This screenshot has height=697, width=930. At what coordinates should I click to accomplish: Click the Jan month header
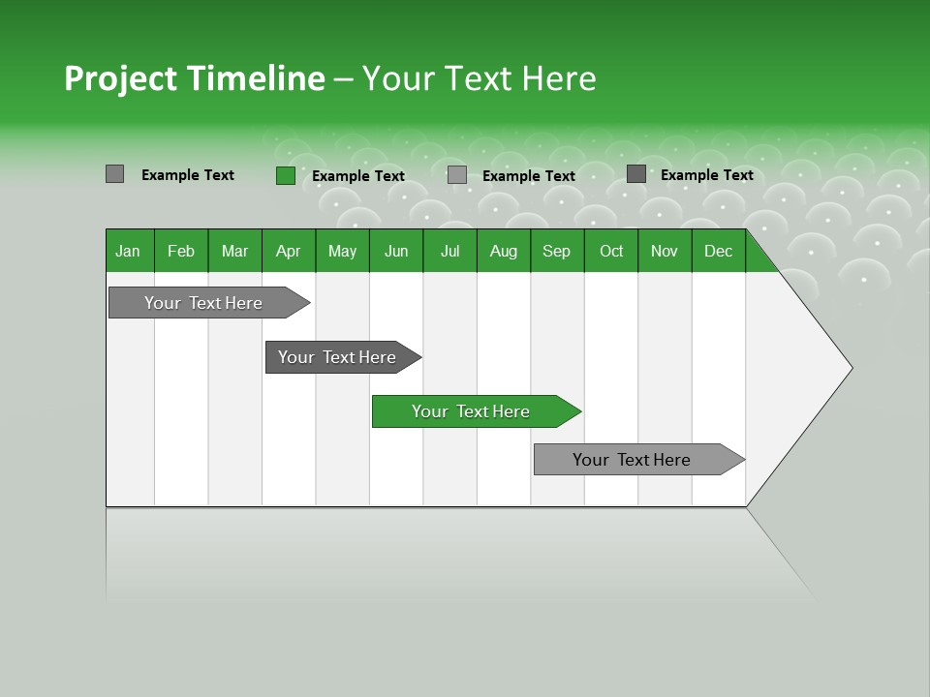(128, 251)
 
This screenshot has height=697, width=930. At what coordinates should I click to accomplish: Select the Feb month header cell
(181, 251)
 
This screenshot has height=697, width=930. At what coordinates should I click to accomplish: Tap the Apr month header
(288, 251)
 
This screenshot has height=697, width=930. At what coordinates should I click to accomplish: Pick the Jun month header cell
(396, 251)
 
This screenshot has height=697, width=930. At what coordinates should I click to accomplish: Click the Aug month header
(503, 251)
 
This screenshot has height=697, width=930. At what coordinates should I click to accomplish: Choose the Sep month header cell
(556, 251)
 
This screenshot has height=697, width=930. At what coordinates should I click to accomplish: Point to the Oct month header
(611, 251)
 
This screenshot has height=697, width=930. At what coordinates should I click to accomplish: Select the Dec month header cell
(718, 251)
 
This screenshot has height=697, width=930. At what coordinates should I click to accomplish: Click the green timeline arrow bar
(471, 411)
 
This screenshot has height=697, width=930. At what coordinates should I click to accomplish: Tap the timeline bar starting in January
(203, 303)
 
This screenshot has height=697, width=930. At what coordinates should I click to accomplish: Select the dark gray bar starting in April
(337, 357)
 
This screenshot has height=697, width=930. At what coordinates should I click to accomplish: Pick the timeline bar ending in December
(632, 460)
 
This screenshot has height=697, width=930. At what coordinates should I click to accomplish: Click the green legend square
(286, 175)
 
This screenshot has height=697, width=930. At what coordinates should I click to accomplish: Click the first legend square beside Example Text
(115, 174)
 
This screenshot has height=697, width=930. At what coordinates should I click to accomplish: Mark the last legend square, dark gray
(636, 173)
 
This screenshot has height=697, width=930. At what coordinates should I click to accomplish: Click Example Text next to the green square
(358, 176)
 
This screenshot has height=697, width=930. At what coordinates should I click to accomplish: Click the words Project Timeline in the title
(194, 78)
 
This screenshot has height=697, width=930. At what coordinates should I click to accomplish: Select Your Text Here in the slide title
(479, 78)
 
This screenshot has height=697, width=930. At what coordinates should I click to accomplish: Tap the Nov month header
(665, 251)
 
